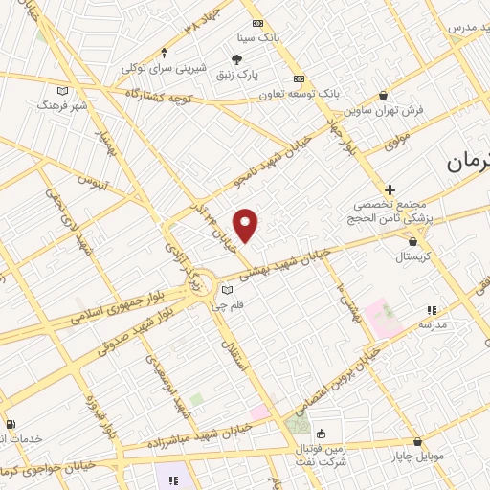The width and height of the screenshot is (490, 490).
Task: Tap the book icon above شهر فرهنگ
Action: click(64, 91)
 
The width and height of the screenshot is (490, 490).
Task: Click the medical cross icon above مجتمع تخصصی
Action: click(390, 189)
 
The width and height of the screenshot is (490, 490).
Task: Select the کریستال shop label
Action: click(413, 257)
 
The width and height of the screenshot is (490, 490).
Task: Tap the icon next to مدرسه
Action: click(433, 310)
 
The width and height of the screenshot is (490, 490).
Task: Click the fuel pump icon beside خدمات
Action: click(10, 425)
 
